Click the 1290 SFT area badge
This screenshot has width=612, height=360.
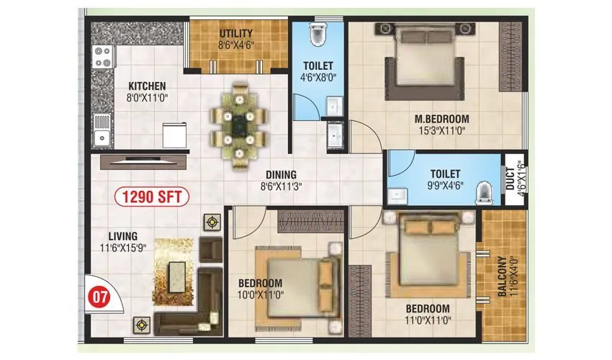tap(152, 196)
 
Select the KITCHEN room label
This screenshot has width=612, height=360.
tap(147, 86)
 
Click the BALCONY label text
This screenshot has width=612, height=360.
tap(500, 274)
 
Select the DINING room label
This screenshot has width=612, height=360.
tap(280, 174)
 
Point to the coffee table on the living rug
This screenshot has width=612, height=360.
tap(176, 276)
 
